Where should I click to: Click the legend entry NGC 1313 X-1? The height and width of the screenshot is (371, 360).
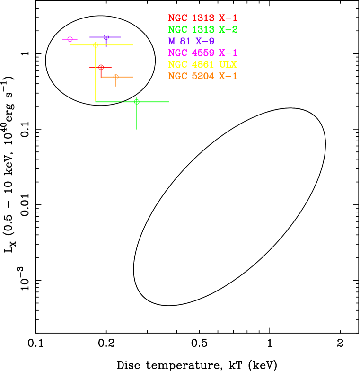(x=202, y=18)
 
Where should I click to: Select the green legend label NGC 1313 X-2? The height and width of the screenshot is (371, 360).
(x=202, y=30)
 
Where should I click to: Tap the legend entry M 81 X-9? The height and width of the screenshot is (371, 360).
(x=191, y=42)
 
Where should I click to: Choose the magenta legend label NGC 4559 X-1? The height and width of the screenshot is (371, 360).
(x=202, y=53)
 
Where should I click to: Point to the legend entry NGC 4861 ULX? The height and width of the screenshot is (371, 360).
(x=202, y=65)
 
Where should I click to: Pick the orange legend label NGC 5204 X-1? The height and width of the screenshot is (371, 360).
(x=202, y=76)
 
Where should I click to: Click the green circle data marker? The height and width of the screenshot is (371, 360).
(x=137, y=102)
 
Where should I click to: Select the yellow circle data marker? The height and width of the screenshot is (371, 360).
(x=96, y=45)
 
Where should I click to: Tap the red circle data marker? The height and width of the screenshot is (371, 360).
(x=101, y=67)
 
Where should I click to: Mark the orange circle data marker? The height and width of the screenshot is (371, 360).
(x=116, y=77)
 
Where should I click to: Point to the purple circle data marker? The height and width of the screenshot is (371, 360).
(x=106, y=37)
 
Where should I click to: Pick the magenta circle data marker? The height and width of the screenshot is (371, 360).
(x=70, y=39)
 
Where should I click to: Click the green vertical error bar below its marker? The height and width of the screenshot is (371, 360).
(x=137, y=118)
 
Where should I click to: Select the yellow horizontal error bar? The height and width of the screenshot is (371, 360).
(x=118, y=45)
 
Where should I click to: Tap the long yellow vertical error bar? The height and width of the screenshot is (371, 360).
(x=96, y=76)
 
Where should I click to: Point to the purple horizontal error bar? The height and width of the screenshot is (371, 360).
(x=115, y=37)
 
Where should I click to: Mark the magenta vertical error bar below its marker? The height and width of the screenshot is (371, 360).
(x=70, y=48)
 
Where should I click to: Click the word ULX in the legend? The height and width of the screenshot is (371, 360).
(x=228, y=65)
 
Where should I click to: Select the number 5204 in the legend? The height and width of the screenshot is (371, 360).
(x=203, y=76)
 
